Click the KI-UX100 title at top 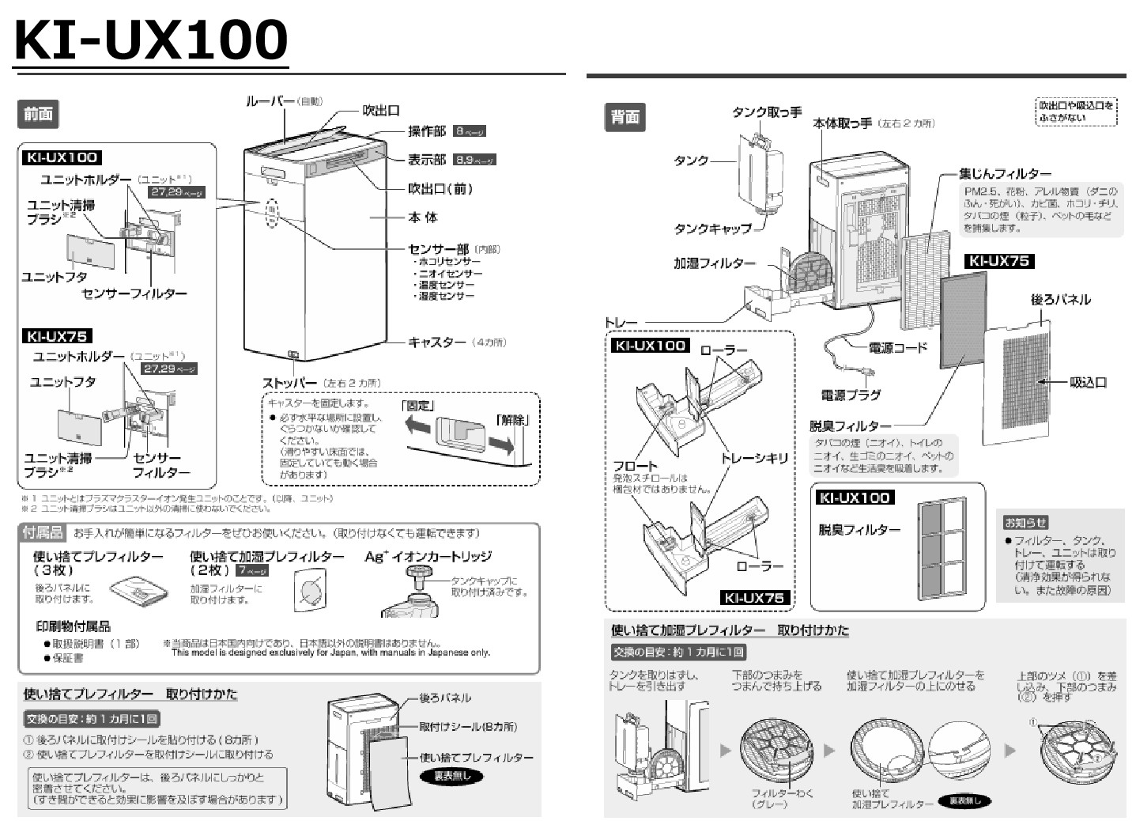[x=151, y=40]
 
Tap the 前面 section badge [x=38, y=115]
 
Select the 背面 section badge [x=625, y=117]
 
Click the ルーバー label [x=270, y=101]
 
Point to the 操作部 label [x=427, y=131]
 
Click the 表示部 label [x=427, y=160]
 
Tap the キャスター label [x=436, y=342]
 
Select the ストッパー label [x=289, y=383]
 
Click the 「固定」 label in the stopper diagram [x=418, y=406]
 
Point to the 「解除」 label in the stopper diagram [x=512, y=419]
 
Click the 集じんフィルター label [x=1005, y=173]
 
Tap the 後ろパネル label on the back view [x=1060, y=300]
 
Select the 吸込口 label [x=1088, y=382]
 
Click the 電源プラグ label [x=851, y=395]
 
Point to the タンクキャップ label [x=712, y=229]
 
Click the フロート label [x=635, y=466]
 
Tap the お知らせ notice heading [x=1025, y=522]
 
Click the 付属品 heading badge [x=43, y=533]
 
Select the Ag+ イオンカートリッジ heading [x=428, y=557]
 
